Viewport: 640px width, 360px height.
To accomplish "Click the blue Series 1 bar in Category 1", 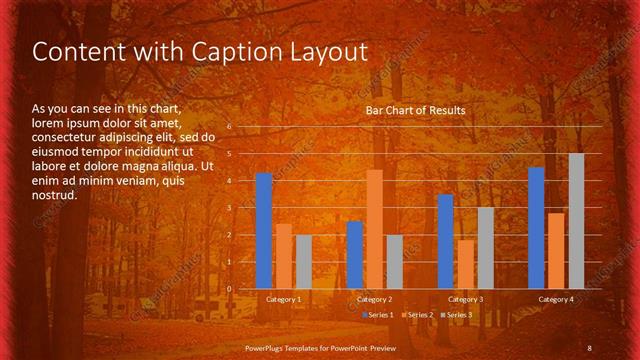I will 264,231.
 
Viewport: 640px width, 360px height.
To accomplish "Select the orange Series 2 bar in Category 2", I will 375,229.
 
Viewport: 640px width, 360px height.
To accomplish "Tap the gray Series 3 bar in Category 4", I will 576,221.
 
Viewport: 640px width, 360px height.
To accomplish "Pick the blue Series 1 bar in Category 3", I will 446,241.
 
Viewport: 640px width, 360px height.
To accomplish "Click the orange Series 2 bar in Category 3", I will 466,264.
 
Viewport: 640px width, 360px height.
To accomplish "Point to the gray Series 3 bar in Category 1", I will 304,262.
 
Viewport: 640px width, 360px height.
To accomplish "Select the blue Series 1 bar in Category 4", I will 536,228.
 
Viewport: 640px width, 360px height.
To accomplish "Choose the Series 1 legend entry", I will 377,315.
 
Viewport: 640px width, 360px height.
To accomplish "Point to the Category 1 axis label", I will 284,299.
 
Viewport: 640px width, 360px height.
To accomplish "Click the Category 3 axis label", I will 465,299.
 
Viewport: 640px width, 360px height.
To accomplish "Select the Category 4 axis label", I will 556,299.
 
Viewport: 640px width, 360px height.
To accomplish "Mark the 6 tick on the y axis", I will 229,127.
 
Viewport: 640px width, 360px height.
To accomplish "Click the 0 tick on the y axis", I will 229,289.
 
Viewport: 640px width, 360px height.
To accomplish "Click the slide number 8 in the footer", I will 589,347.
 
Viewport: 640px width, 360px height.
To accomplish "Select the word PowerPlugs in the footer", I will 267,347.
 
